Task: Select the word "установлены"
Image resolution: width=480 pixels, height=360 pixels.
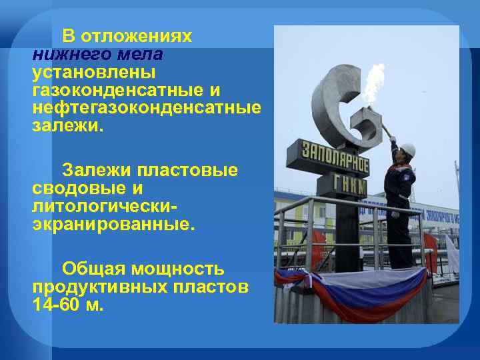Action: (93, 71)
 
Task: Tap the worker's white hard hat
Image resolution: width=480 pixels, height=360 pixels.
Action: (408, 149)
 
